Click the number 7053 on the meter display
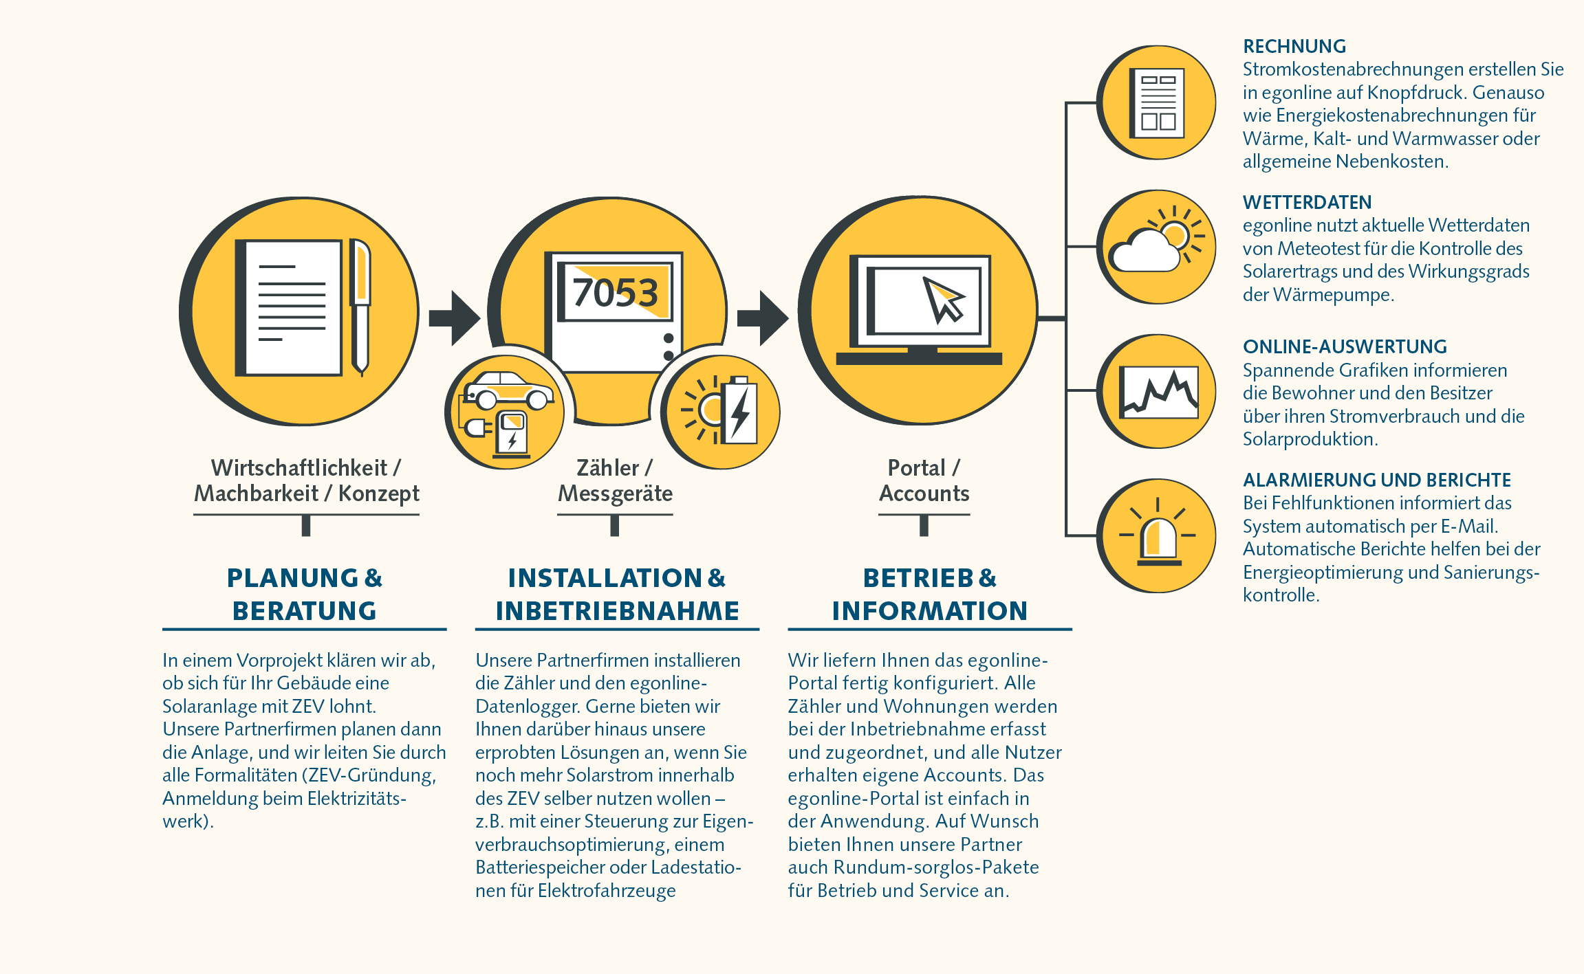point(615,293)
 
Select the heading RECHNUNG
point(1294,47)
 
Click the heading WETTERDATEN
point(1306,203)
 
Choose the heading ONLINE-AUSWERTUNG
point(1344,347)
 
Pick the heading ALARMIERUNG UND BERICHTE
point(1376,480)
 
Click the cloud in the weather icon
point(1143,252)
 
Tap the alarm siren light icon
point(1159,540)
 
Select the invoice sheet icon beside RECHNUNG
point(1158,103)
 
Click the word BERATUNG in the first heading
point(304,611)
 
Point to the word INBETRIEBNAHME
point(617,611)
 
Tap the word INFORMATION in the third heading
point(929,611)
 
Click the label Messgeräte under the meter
point(615,494)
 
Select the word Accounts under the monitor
point(924,494)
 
